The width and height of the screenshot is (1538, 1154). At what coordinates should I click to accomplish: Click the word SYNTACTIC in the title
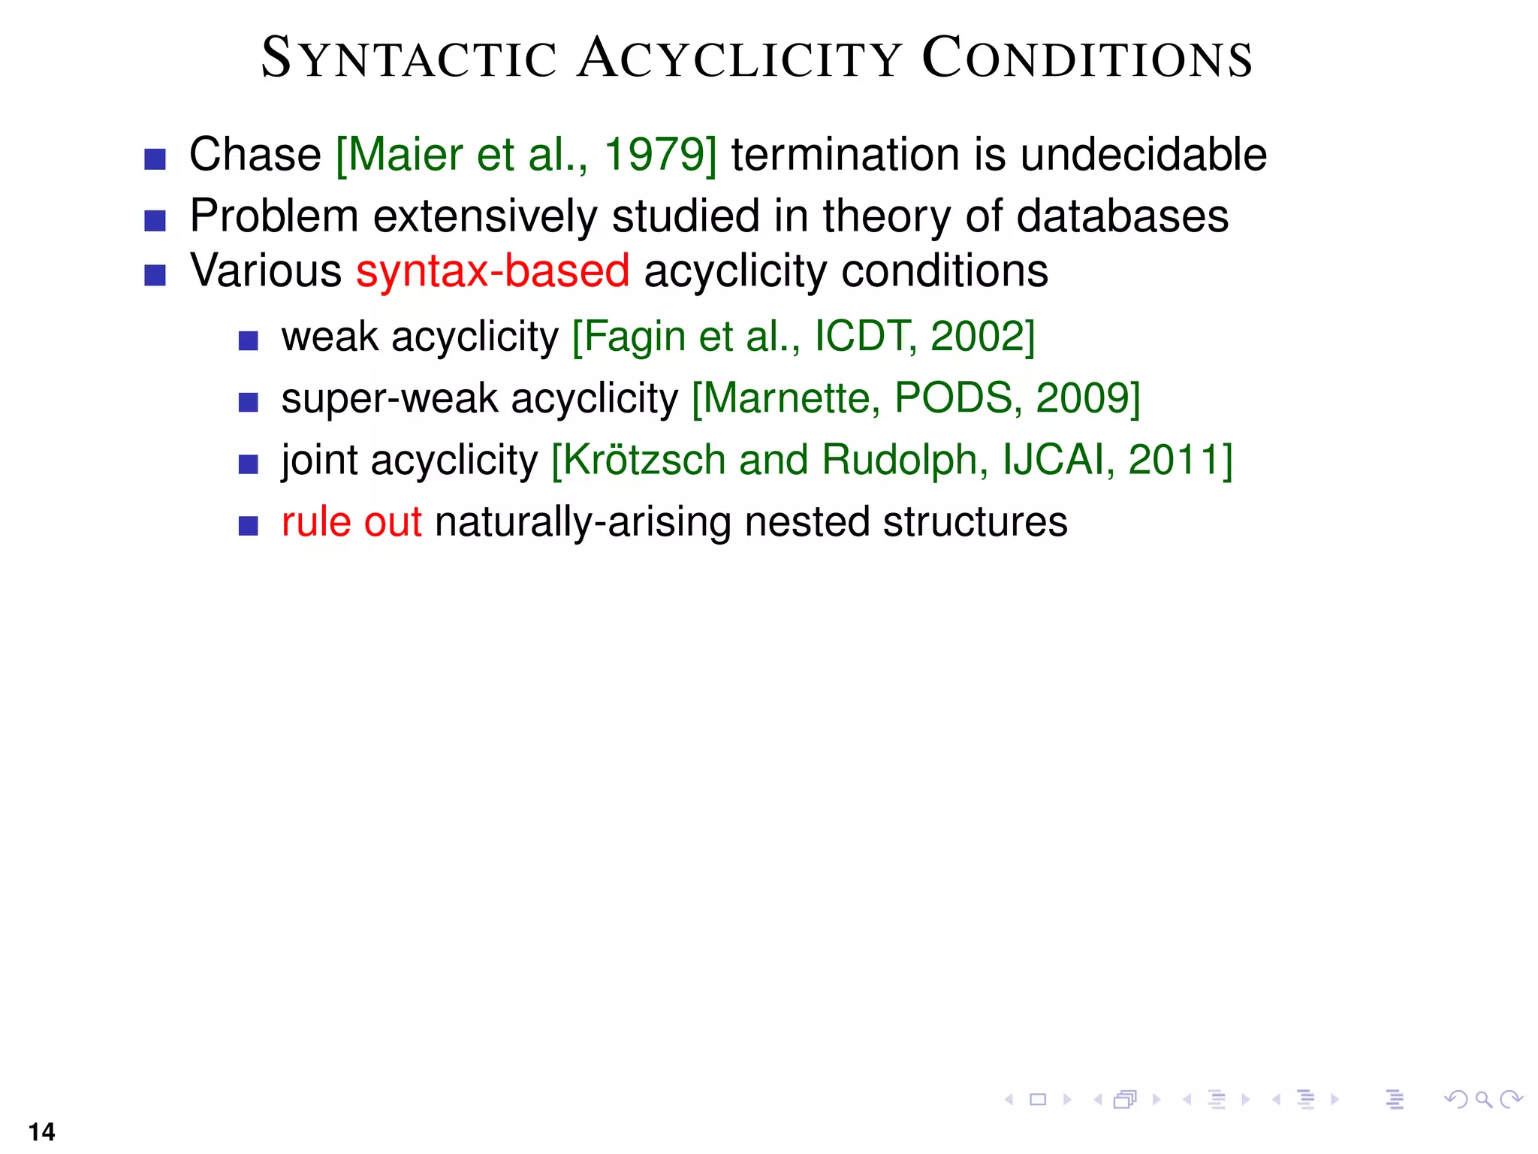coord(409,59)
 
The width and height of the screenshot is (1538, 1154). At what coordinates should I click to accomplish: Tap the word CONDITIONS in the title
coord(1087,59)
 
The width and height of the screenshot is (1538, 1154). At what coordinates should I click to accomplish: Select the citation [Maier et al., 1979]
coord(526,155)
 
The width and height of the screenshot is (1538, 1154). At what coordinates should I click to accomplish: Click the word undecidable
coord(1143,155)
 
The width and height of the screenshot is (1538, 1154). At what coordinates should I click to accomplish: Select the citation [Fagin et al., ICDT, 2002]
coord(803,337)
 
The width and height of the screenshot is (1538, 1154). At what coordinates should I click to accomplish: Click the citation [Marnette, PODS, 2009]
coord(915,398)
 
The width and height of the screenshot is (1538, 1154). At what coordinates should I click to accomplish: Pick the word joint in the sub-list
coord(319,460)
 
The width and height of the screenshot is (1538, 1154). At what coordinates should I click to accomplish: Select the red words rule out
coord(351,522)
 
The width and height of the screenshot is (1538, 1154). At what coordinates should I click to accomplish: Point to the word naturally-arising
coord(583,522)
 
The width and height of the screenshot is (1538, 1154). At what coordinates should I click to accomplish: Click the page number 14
coord(42,1131)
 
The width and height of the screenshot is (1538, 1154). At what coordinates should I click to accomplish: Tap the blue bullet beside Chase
coord(155,159)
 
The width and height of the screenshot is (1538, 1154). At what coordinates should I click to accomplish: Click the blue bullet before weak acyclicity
coord(248,341)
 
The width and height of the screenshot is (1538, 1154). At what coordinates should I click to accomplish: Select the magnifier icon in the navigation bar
coord(1483,1100)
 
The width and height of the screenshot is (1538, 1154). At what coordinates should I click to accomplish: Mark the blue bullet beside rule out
coord(248,526)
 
